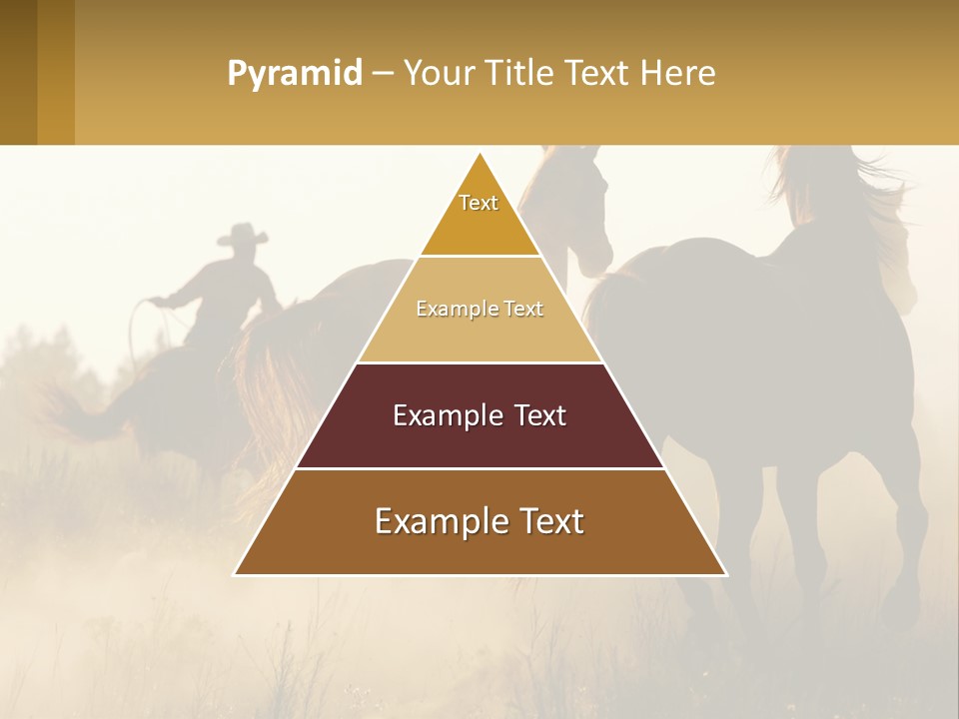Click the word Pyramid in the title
pos(294,74)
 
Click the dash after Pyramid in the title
pos(383,74)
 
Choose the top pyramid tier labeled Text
pos(479,215)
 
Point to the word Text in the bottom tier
pos(550,521)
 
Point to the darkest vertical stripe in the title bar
pos(18,72)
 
